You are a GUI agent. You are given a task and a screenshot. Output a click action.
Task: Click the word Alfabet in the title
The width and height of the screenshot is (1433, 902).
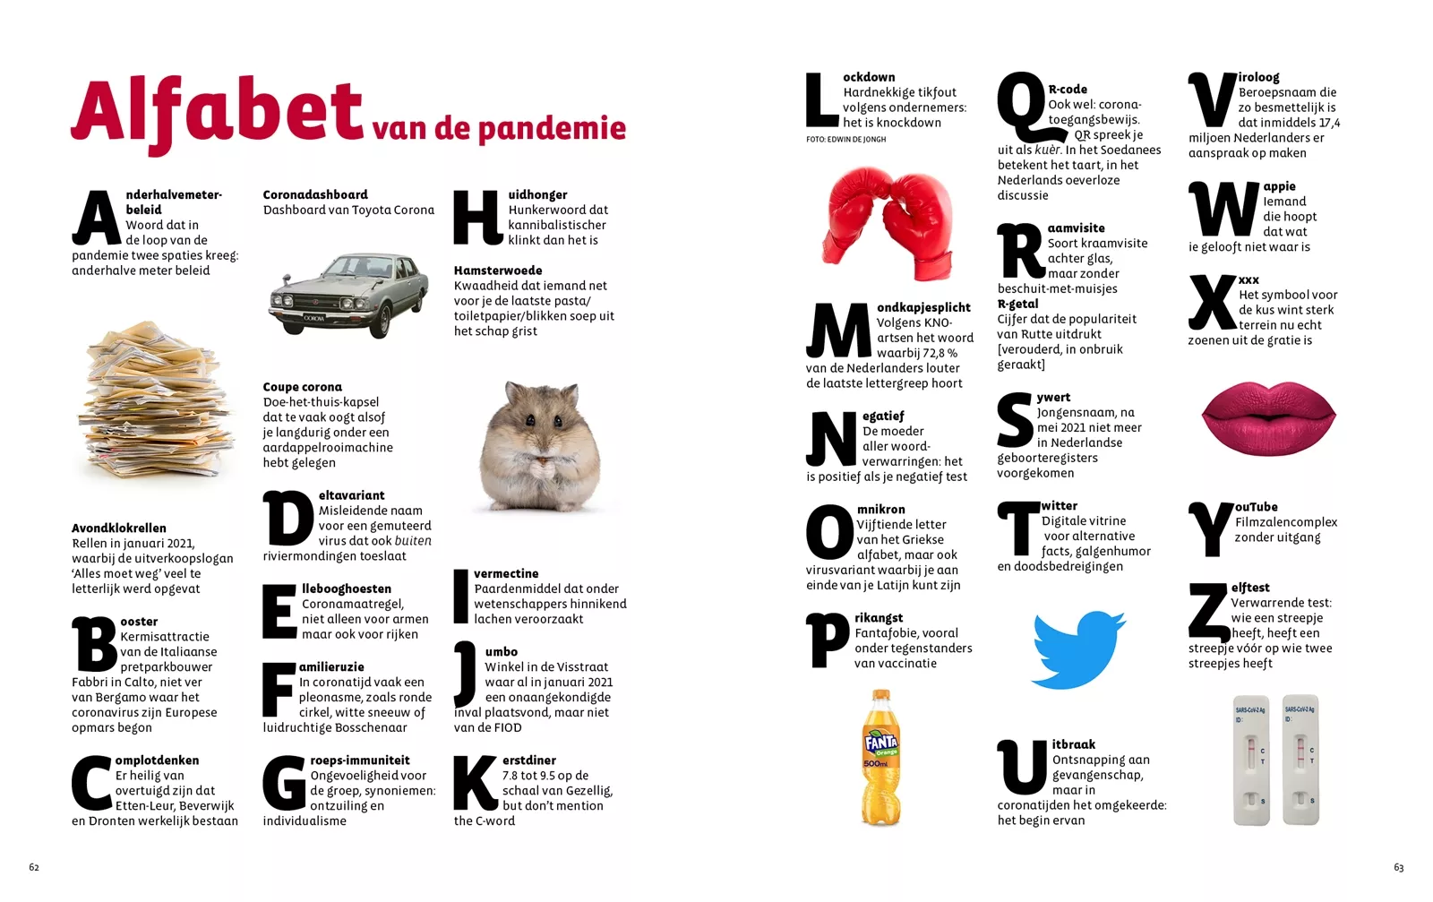tap(217, 113)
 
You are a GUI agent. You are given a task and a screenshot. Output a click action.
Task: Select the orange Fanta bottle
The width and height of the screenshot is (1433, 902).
tap(880, 758)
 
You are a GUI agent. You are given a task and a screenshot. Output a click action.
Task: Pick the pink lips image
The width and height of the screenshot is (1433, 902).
tap(1268, 417)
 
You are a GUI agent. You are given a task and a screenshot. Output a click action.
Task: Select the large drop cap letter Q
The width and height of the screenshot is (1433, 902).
tap(1021, 107)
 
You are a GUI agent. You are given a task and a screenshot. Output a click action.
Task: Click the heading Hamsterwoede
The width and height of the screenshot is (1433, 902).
tap(498, 271)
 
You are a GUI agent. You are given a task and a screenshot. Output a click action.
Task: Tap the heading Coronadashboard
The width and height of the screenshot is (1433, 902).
tap(315, 194)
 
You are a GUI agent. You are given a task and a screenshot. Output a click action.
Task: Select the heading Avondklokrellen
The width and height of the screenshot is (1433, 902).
tap(119, 528)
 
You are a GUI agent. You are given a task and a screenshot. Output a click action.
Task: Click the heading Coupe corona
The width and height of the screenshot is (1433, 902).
tap(302, 387)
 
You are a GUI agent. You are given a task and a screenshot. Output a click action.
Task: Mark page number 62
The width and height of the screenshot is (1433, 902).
tap(34, 867)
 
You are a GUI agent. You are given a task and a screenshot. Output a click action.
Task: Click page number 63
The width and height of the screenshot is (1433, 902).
tap(1398, 867)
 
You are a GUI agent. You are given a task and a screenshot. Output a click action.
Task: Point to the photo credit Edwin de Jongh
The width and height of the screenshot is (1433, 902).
tap(845, 140)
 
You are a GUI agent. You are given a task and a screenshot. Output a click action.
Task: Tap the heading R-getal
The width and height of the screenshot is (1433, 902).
tap(1018, 305)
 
